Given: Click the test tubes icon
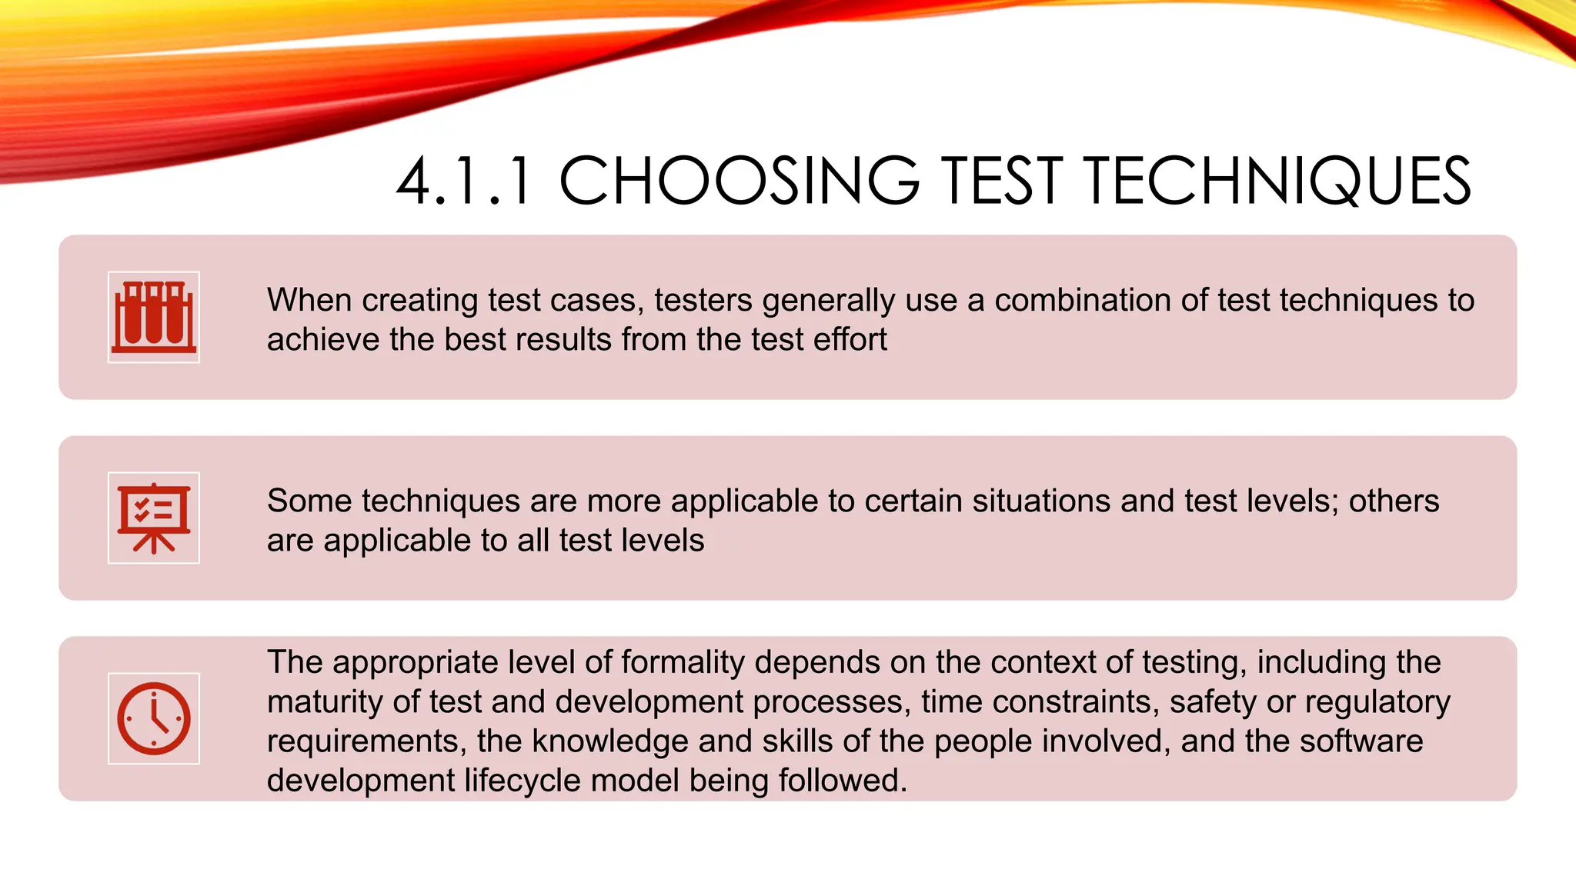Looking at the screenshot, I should pos(154,317).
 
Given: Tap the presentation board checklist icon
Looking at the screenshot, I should pos(154,518).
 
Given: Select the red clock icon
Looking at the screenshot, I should pos(154,718).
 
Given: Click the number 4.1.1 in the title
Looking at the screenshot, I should pos(464,182).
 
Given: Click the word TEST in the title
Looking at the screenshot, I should pos(1001,182).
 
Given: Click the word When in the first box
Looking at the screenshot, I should pos(309,300).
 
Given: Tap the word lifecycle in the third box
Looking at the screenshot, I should pos(522,781).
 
